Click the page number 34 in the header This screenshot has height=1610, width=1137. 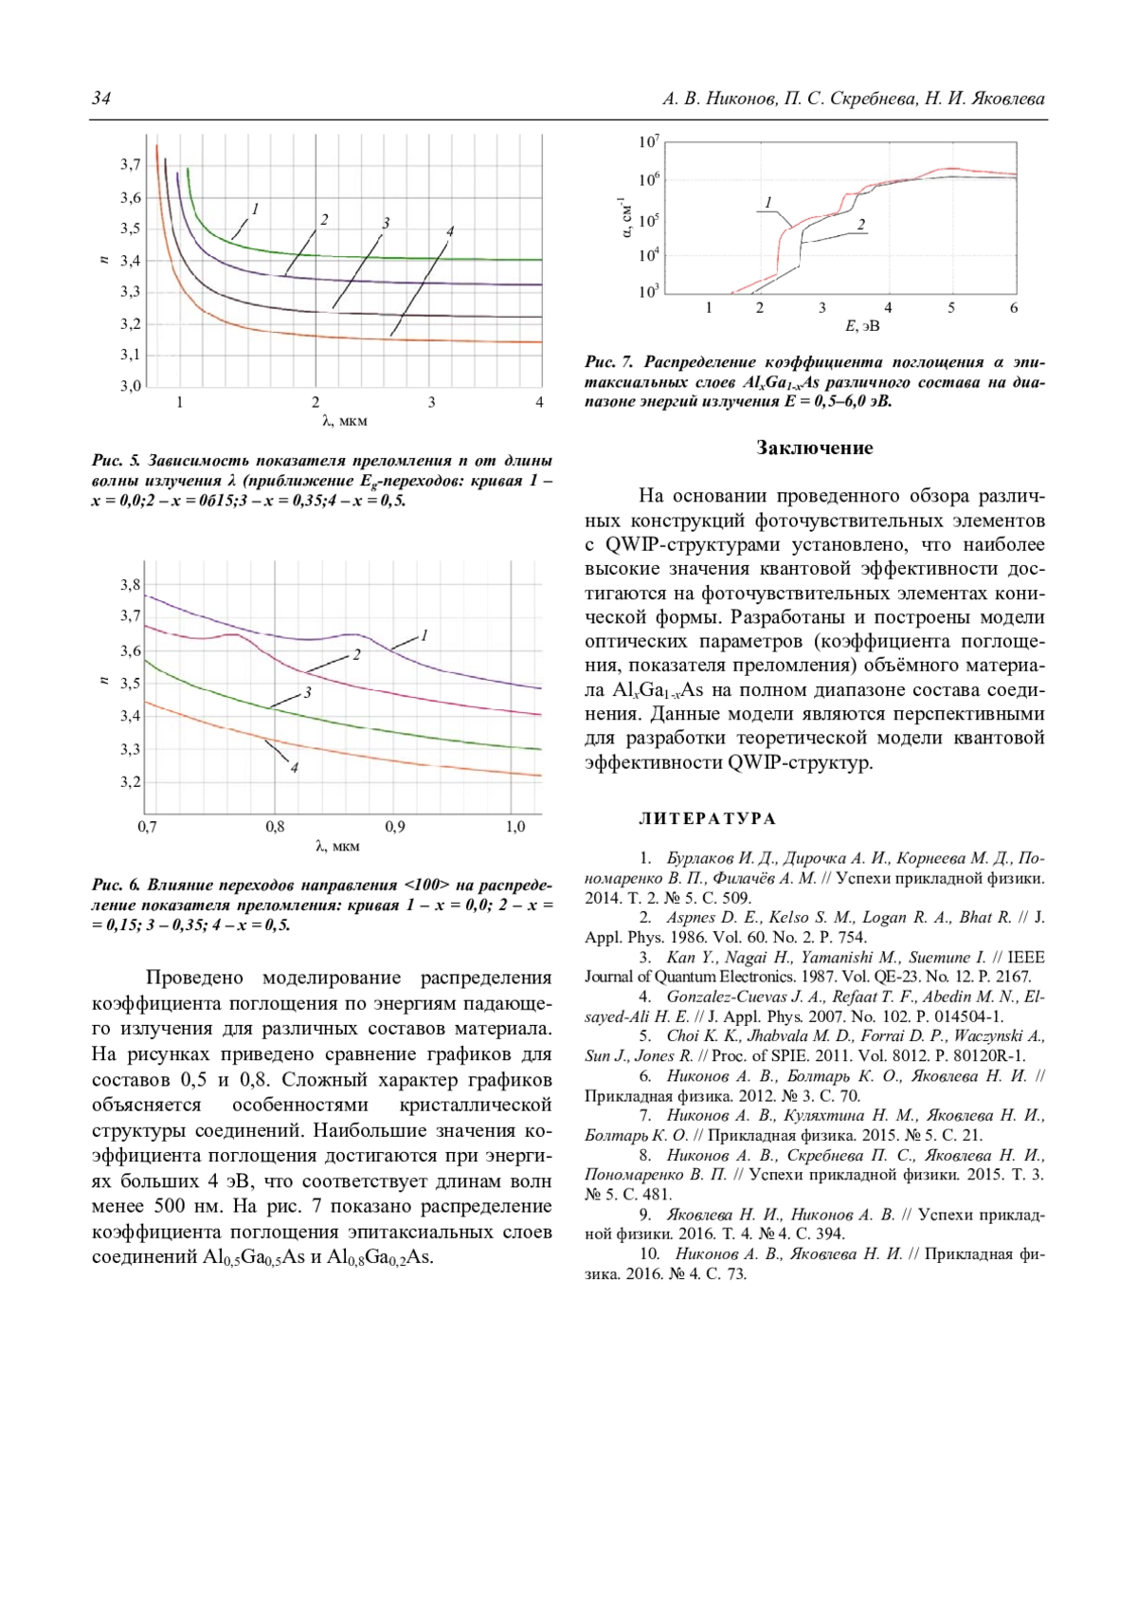click(100, 99)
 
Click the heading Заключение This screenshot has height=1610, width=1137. click(814, 448)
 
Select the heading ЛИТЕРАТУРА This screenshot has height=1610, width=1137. click(707, 818)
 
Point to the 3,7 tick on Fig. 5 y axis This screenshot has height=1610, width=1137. click(131, 164)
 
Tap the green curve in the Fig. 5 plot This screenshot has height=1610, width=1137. click(379, 258)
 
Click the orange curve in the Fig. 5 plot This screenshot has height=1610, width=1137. click(379, 338)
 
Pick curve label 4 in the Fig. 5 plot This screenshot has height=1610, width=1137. click(451, 231)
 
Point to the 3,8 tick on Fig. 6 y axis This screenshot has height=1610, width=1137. click(131, 585)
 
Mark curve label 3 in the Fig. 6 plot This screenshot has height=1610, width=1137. click(307, 693)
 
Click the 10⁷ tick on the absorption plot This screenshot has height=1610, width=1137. click(649, 142)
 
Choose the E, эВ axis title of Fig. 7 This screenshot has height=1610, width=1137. click(862, 326)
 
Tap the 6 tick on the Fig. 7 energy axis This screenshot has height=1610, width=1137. click(1014, 307)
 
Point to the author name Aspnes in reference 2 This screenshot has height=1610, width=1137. click(690, 917)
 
